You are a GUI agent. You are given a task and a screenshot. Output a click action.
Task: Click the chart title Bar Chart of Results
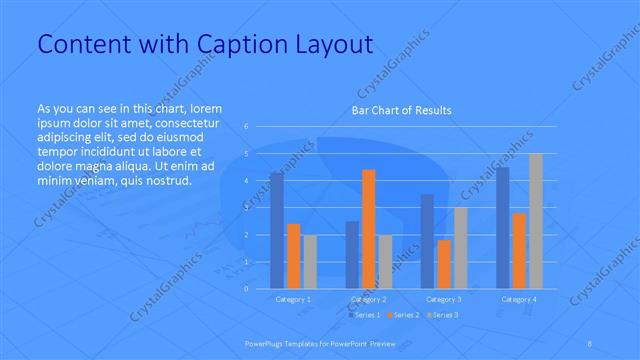(400, 110)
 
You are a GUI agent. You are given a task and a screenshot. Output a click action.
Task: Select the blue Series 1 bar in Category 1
(277, 230)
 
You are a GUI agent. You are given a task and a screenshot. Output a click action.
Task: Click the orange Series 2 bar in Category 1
(293, 256)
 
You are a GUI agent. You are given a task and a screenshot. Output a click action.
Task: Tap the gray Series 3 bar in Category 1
(310, 262)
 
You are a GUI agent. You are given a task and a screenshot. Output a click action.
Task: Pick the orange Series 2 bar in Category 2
(368, 229)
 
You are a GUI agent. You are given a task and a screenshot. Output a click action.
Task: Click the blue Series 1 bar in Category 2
(352, 254)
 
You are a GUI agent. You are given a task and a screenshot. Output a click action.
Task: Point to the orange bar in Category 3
(444, 264)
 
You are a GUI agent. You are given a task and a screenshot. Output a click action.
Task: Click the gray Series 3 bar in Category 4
(536, 220)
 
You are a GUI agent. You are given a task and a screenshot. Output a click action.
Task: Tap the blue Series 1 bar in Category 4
(503, 228)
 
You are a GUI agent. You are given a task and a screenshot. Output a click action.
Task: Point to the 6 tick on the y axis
(246, 127)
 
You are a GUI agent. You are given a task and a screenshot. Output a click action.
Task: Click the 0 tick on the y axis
(246, 289)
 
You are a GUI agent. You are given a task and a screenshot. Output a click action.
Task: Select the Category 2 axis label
(369, 299)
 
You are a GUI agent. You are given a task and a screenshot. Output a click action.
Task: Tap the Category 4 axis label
(519, 299)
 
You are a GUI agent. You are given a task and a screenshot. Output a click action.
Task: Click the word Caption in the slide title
(231, 44)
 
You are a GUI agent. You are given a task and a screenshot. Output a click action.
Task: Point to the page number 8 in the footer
(590, 342)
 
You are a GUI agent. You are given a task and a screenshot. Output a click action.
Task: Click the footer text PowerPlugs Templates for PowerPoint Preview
(319, 342)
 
